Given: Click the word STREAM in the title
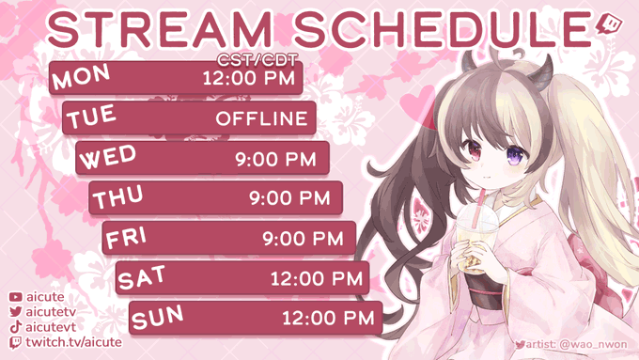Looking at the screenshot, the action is tap(160, 29).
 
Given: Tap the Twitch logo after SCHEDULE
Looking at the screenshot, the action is tap(609, 25).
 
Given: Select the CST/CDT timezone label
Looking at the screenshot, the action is tap(257, 60).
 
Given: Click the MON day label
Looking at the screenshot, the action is tap(81, 76).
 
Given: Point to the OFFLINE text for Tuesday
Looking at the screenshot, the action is tap(261, 118).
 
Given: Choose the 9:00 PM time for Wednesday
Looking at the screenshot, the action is tap(276, 159).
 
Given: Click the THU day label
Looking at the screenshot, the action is tap(117, 196).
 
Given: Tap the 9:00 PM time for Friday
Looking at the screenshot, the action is tap(303, 239).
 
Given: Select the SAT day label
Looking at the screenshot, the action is tap(142, 277).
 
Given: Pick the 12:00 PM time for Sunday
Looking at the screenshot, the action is tap(329, 318).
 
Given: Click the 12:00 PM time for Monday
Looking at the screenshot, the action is tap(249, 78).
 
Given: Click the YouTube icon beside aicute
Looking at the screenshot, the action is tap(15, 297).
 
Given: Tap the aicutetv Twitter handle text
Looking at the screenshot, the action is tap(51, 312).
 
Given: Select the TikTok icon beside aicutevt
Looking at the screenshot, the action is tap(15, 327).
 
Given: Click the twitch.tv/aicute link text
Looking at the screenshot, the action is tap(73, 342).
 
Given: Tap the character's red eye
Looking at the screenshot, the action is tap(475, 149).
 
